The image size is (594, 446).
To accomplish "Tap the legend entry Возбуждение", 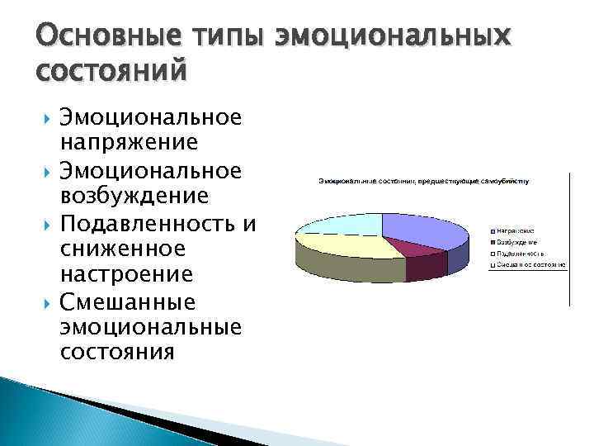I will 517,242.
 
